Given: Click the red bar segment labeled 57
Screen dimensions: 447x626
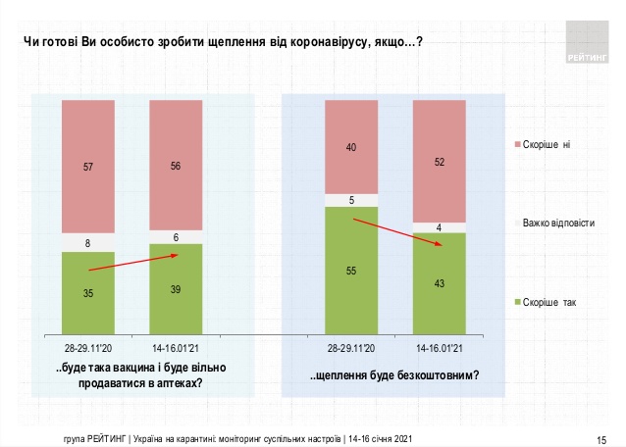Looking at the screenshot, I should pos(88,167).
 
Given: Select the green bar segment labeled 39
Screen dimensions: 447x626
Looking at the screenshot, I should pos(177,288).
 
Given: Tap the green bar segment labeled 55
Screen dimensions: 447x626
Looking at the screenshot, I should pos(351,270).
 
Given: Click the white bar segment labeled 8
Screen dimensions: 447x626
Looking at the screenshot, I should pos(88,242).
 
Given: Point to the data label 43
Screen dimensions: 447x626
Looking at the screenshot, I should pos(439,283).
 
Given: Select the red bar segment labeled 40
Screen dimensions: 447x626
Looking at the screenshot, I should pos(351,147).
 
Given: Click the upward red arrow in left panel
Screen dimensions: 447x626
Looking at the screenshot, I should pos(131,262).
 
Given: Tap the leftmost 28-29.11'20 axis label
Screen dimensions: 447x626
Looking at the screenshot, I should pos(88,348).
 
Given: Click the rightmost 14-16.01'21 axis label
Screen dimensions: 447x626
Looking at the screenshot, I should pos(439,348).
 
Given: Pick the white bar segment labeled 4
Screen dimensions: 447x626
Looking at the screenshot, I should pos(439,227).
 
